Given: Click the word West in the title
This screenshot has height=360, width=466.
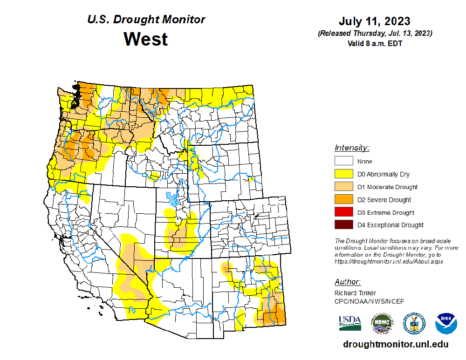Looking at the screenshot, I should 145,39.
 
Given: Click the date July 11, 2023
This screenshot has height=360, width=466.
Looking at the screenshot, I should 374,21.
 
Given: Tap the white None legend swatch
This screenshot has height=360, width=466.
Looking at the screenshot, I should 343,161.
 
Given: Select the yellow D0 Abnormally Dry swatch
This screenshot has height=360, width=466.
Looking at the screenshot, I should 343,174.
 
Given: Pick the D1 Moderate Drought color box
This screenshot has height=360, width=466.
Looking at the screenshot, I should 343,187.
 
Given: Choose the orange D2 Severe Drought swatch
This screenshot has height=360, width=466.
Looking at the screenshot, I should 343,199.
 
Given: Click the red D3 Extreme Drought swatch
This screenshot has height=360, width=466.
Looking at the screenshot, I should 343,212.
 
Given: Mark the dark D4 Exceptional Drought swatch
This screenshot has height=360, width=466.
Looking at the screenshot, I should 343,225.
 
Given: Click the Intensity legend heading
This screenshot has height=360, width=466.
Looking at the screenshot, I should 352,148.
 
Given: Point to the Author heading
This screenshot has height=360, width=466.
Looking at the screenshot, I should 347,282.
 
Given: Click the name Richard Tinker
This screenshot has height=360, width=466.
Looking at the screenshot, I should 355,293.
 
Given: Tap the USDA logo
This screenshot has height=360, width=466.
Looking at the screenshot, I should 350,323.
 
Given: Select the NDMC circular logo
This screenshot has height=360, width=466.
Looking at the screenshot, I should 382,323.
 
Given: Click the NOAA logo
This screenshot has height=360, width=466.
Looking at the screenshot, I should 446,323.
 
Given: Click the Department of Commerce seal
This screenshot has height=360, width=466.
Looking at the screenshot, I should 414,323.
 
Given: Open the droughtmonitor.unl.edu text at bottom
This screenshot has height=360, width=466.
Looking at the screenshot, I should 396,345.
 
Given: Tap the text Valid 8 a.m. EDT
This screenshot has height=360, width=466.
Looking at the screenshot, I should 374,43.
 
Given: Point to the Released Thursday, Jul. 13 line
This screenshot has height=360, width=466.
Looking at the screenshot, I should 375,34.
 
